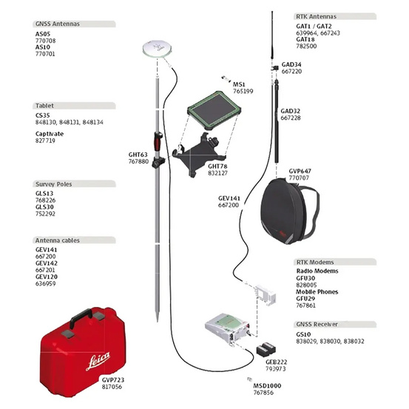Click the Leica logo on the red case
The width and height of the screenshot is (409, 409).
93,361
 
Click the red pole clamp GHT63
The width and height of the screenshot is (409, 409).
158,139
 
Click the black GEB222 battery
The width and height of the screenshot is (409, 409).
264,348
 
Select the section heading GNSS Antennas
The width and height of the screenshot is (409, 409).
58,24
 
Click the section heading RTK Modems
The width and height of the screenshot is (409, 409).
315,263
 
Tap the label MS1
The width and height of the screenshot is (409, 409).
240,84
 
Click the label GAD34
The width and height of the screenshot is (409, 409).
291,64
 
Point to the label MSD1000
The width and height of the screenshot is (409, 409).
266,386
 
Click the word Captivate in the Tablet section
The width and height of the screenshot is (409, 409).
50,133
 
